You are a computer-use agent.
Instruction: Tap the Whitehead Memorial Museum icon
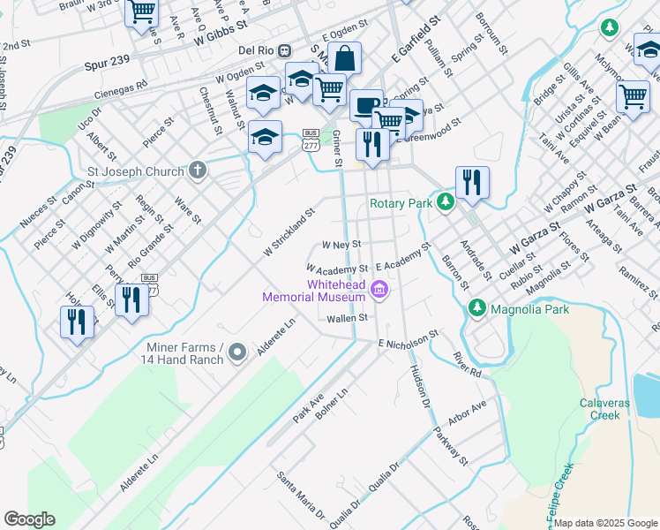tap(379, 288)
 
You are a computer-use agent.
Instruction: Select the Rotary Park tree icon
tap(446, 203)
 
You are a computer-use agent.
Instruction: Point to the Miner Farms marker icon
tap(236, 353)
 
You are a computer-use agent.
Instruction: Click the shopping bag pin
tap(345, 58)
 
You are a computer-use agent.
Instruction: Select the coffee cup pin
tap(365, 106)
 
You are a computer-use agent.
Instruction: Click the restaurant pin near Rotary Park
tap(472, 183)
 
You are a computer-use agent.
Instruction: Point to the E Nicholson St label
tap(408, 340)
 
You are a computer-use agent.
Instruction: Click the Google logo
tap(29, 519)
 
